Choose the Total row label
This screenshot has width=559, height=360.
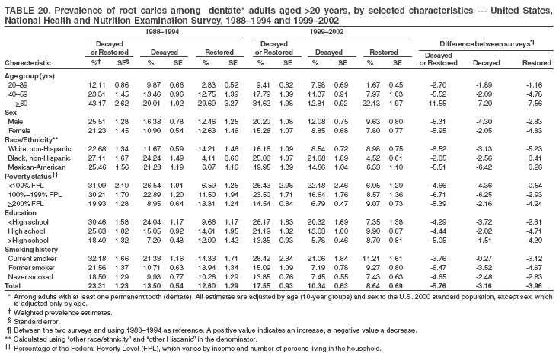(x=14, y=285)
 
